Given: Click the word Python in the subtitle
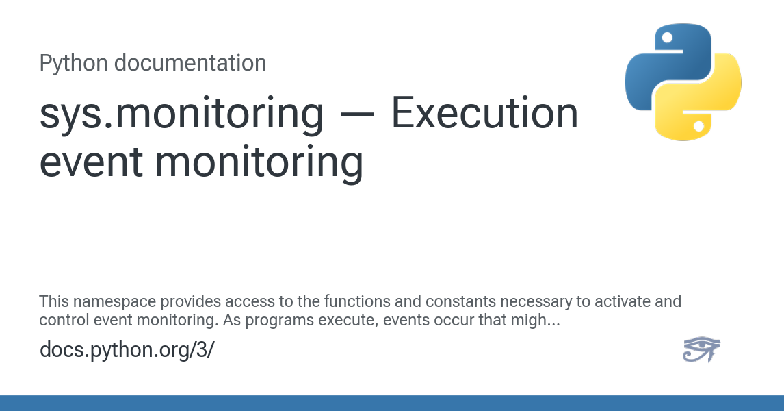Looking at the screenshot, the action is coord(73,64).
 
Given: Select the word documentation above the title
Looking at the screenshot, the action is coord(190,63).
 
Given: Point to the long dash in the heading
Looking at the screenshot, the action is coord(357,114).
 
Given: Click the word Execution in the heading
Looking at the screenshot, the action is coord(484,114).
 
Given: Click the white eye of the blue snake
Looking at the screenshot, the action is coord(667,38).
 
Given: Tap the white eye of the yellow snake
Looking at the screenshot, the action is coord(699,126).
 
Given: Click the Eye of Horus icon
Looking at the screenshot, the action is coord(701,349).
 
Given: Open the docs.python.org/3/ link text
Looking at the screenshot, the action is coord(127,349).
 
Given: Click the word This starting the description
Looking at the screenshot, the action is coord(54,301).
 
